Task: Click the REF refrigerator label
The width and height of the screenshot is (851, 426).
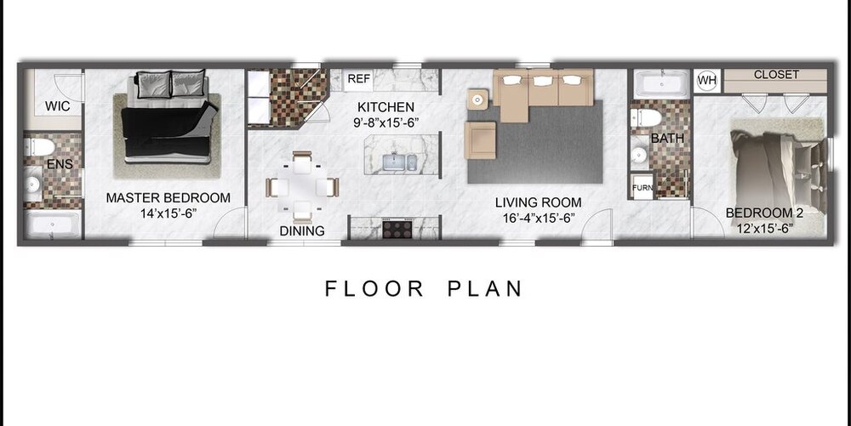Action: [358, 78]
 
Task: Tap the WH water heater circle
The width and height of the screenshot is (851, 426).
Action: [706, 82]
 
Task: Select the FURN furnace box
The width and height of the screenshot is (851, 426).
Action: [643, 188]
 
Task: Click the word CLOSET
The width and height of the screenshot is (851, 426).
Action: [776, 74]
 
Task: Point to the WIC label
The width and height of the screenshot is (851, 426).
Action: [57, 106]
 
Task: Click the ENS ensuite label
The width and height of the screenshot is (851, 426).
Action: [60, 164]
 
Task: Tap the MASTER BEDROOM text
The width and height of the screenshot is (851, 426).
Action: [168, 198]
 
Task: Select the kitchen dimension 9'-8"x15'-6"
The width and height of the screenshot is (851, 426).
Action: [386, 122]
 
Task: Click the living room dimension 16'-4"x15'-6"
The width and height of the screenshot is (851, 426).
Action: [538, 218]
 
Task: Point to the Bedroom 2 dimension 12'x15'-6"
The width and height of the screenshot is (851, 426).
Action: [765, 228]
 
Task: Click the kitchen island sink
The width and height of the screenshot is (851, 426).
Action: [399, 162]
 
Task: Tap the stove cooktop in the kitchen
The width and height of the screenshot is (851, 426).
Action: [397, 228]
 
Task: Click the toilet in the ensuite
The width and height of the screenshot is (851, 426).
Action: [40, 147]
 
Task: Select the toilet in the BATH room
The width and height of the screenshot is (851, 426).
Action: [646, 117]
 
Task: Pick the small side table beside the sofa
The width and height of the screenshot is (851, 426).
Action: [477, 99]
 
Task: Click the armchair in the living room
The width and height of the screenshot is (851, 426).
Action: [480, 140]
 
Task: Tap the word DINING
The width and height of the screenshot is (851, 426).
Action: [302, 231]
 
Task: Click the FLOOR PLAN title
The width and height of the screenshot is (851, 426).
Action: [423, 288]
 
